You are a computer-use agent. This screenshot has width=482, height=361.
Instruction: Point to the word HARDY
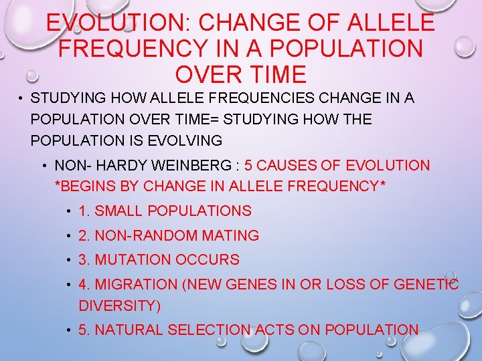pyautogui.click(x=116, y=165)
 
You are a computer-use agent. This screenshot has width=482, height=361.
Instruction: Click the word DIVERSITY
pyautogui.click(x=118, y=306)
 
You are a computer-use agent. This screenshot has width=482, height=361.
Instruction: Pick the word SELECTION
pyautogui.click(x=209, y=330)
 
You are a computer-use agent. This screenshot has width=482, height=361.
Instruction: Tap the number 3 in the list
pyautogui.click(x=82, y=259)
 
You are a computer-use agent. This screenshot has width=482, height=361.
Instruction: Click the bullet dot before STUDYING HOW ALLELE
pyautogui.click(x=21, y=99)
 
